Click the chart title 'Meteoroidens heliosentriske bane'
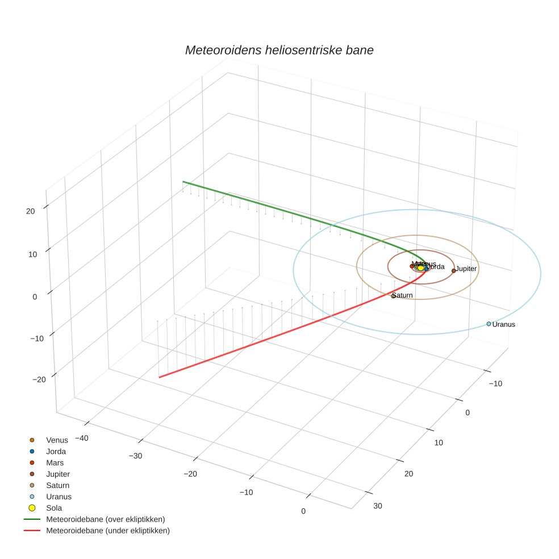279,50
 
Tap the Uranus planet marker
489,324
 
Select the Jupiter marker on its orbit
453,270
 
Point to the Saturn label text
403,295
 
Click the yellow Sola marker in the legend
32,508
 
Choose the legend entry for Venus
57,440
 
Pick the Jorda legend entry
56,451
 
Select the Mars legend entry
55,462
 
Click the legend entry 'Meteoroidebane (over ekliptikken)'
106,519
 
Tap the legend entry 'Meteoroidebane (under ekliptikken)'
108,531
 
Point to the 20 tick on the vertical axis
31,211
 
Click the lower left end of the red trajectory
159,377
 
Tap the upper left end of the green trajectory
183,182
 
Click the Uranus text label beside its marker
503,324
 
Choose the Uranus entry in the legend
59,497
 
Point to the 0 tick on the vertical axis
35,296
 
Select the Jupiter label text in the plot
466,268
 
